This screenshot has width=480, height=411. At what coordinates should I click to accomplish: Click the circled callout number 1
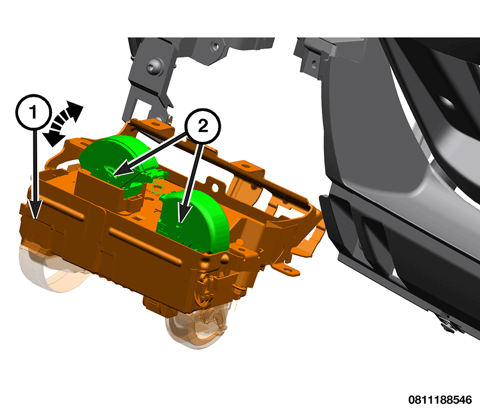[x=33, y=111]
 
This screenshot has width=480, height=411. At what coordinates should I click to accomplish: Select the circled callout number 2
[x=203, y=126]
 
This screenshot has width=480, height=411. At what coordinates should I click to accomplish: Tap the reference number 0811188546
[x=440, y=400]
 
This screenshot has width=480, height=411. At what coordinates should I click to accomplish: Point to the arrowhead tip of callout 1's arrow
[x=36, y=219]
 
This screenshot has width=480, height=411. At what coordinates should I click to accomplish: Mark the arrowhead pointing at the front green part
[x=181, y=222]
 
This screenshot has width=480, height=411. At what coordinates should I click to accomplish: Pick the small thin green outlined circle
[x=159, y=185]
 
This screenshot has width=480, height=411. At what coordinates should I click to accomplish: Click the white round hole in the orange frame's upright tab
[x=215, y=186]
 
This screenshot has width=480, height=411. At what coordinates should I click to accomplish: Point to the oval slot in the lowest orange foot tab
[x=287, y=270]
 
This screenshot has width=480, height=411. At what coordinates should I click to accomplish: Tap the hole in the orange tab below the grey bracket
[x=156, y=124]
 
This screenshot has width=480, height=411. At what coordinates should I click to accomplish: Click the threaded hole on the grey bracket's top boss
[x=215, y=47]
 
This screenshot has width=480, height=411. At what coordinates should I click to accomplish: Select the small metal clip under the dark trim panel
[x=448, y=324]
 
